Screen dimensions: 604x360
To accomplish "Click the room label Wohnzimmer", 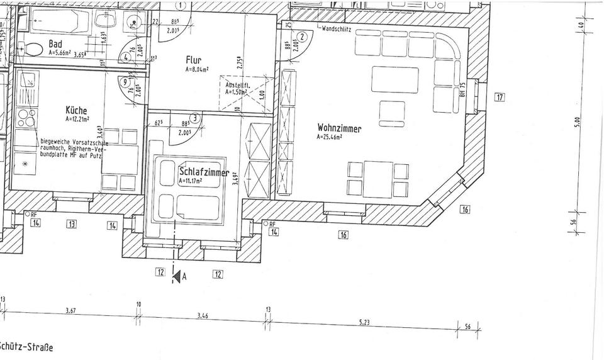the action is [339, 128].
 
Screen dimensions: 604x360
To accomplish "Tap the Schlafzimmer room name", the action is [203, 171].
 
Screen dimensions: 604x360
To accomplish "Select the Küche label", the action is [76, 110].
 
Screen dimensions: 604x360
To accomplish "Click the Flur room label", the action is [193, 60].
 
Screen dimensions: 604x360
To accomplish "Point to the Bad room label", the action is [55, 44].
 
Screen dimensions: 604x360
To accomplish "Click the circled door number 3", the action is [196, 117].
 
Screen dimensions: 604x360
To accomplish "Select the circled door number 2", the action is [303, 37].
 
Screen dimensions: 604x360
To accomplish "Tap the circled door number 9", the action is [125, 82].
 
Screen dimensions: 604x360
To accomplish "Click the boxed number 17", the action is [500, 97].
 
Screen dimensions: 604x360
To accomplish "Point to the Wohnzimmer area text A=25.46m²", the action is [330, 137].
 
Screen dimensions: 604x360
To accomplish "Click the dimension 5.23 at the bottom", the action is [364, 322].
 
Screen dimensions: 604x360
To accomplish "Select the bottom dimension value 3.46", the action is [202, 315].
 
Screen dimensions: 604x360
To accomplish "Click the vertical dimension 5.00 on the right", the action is [577, 120].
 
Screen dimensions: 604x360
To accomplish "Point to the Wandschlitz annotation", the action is [336, 29].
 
